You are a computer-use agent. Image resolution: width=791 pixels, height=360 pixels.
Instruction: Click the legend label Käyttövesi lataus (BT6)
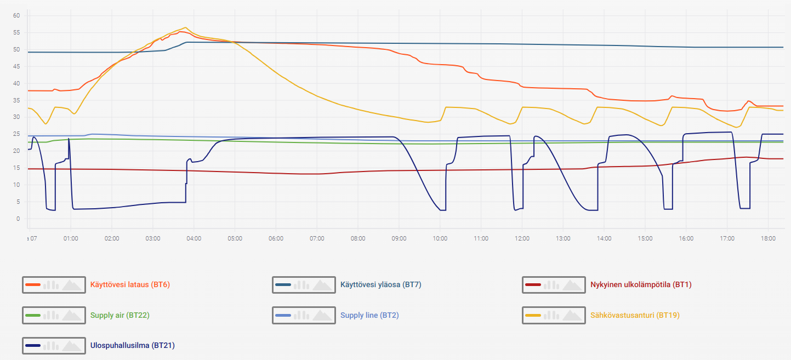[130, 285]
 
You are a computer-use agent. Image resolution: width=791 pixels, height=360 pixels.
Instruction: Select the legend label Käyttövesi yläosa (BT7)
[380, 285]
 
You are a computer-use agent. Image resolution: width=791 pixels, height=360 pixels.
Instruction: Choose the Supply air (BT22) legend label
[119, 316]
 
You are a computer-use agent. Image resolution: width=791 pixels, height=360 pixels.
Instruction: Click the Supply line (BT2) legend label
[369, 316]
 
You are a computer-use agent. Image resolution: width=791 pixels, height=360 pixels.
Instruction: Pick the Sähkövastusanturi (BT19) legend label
[635, 316]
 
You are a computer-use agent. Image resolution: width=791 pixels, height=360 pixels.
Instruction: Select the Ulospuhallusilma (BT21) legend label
[132, 345]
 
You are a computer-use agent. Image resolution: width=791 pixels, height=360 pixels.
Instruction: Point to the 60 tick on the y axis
[16, 16]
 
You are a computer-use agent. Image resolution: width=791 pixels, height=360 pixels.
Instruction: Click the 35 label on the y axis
[16, 100]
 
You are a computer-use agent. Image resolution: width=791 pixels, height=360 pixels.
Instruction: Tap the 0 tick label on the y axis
[18, 219]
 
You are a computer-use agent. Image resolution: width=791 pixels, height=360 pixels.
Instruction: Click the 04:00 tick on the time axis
[194, 238]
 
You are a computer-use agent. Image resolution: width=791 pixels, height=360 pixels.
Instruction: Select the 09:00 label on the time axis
[399, 238]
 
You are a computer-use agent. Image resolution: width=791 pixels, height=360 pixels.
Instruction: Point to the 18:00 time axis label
[769, 238]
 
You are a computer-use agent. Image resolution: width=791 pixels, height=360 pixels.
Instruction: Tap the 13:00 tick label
[564, 238]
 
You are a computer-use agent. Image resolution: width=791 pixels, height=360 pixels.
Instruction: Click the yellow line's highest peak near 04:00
[185, 27]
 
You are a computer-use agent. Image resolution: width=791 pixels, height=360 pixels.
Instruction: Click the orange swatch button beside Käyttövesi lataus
[54, 285]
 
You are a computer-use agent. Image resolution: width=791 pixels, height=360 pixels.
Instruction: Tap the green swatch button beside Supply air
[54, 316]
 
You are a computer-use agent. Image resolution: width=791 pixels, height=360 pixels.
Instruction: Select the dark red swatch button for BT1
[554, 285]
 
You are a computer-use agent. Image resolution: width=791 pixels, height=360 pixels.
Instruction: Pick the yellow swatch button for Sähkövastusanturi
[554, 316]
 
